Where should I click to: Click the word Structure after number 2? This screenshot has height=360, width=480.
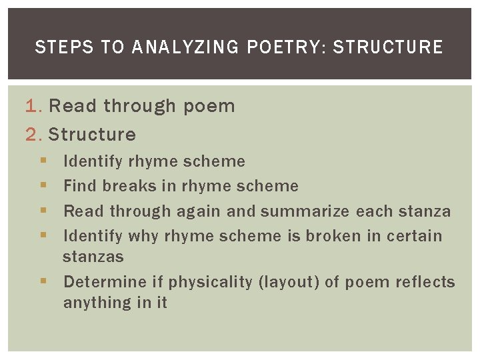click(x=92, y=135)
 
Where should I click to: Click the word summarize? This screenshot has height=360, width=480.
click(x=305, y=212)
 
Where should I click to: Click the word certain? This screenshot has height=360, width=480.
click(x=414, y=236)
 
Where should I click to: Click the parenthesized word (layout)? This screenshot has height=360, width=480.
click(x=288, y=282)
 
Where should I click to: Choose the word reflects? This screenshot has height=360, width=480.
click(x=425, y=282)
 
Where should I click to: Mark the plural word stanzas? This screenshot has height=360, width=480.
click(x=93, y=257)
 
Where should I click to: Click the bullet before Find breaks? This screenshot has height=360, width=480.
click(x=43, y=186)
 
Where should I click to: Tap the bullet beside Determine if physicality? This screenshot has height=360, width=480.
click(x=43, y=282)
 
